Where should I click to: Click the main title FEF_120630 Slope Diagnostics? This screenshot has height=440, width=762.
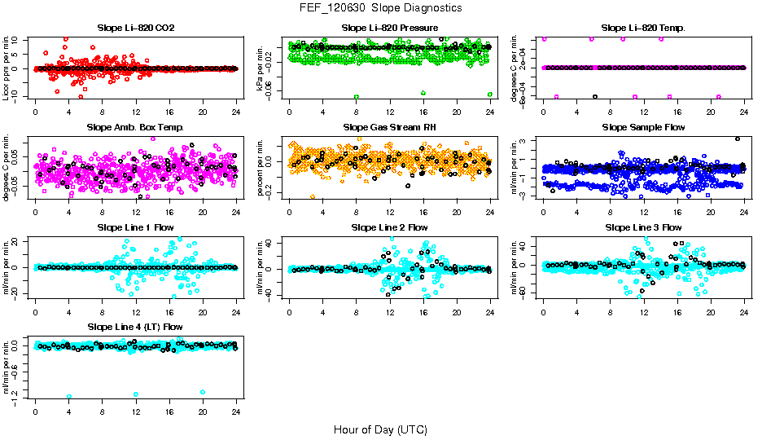pos(380,7)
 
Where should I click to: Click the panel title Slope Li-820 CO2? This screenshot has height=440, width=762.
pos(135,28)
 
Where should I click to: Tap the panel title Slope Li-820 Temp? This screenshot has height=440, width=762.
pos(643,28)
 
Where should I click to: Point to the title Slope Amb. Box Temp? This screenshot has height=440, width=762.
pos(135,127)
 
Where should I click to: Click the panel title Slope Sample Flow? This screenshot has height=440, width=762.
pos(643,127)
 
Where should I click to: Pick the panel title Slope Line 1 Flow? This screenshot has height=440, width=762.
pos(135,227)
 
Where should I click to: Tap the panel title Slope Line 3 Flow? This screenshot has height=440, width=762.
pos(643,227)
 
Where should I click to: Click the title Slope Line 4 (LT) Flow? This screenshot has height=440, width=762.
pos(135,327)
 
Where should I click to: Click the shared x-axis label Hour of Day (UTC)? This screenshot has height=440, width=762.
pos(380,429)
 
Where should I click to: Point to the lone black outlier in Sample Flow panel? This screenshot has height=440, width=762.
pos(737,139)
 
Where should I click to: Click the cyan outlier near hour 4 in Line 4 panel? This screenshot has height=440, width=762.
pos(69,396)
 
